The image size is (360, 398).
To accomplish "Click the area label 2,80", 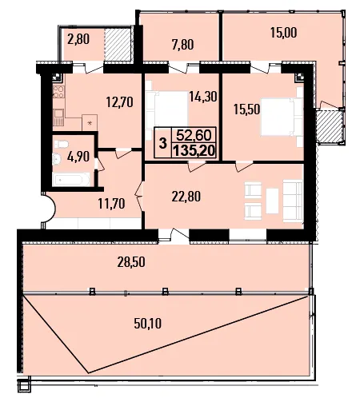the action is click(78, 39).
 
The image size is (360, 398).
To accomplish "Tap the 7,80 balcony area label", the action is click(183, 44).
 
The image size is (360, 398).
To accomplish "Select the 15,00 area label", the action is click(284, 33).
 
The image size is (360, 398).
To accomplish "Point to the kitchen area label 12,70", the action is click(120, 102).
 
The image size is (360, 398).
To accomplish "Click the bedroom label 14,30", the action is click(203, 97).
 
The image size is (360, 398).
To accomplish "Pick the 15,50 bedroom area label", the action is click(246, 109).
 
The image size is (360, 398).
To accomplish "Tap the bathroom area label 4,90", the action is click(78, 157).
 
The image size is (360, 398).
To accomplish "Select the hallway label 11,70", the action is click(111, 204).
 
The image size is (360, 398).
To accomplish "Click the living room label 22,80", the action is click(186, 197).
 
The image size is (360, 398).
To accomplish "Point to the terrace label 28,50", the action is click(131, 262).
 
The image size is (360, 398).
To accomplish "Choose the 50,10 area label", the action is click(148, 324).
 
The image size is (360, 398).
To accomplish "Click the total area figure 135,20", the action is click(194, 151).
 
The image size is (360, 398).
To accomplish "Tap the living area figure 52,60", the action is click(194, 135).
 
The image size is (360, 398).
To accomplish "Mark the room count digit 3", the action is click(162, 143).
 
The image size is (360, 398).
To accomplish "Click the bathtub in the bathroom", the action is click(71, 179).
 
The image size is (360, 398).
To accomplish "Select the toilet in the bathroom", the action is click(62, 145).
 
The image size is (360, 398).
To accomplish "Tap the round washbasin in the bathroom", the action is click(57, 159).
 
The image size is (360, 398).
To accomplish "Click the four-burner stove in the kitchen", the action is click(58, 92).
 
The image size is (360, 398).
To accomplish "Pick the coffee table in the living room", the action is click(272, 201).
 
